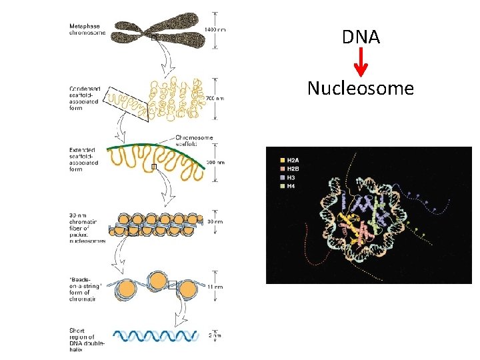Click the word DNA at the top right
[361, 37]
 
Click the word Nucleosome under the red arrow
[360, 88]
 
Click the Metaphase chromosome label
[87, 30]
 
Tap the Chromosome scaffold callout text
[194, 141]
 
